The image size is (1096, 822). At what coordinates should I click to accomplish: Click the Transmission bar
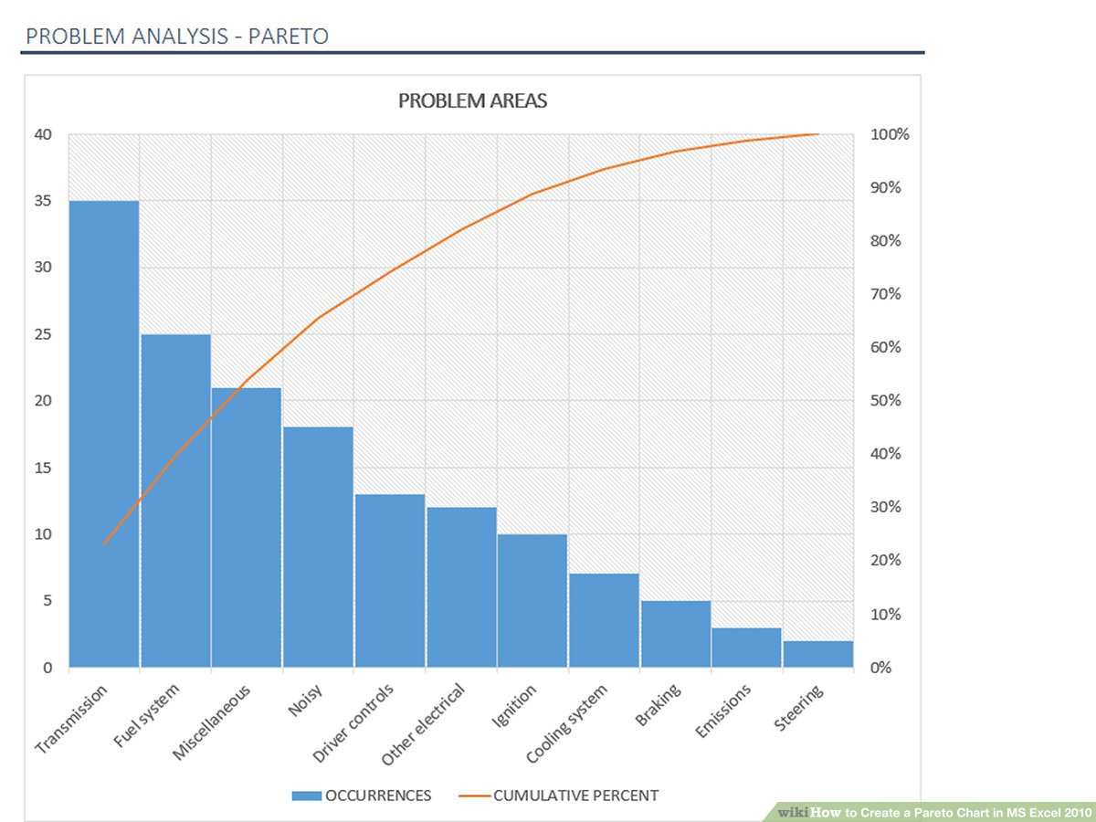coord(104,434)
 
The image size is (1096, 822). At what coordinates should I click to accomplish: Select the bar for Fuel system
coord(175,501)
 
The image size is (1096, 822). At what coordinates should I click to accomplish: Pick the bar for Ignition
coord(532,600)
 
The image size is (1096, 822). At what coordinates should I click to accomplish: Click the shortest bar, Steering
coord(818,654)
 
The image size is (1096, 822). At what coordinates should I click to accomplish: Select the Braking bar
coord(676,634)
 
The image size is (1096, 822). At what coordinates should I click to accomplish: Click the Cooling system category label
coord(566,724)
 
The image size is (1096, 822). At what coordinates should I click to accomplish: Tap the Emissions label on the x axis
coord(723,711)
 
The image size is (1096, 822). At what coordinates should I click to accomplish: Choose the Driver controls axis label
coord(353,723)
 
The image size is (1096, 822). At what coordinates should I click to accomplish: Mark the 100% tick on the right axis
coord(889,134)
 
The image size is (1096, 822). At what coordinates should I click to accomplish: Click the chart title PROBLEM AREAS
coord(472,100)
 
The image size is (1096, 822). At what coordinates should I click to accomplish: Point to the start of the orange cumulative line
coord(104,544)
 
